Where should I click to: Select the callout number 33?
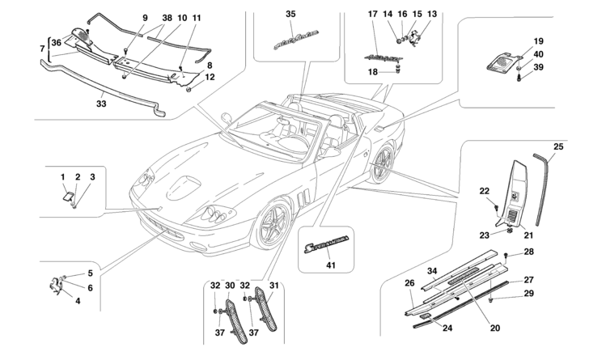point(101,103)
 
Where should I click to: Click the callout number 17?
point(372,15)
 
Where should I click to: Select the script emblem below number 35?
point(290,40)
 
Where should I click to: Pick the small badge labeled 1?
point(68,193)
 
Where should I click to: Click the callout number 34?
point(431,271)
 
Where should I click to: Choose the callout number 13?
point(431,15)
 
